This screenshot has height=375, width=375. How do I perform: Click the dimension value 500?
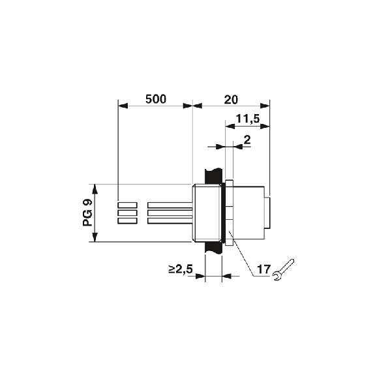[156, 99]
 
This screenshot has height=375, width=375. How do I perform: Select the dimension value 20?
[231, 100]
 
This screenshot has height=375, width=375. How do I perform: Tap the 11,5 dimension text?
[248, 119]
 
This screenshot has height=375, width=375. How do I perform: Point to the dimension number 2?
[247, 140]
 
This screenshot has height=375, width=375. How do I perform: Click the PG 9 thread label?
[87, 213]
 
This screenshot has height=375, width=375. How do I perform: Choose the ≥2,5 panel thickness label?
[181, 269]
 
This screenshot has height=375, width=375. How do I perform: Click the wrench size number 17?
[263, 269]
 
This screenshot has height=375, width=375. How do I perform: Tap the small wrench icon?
[284, 270]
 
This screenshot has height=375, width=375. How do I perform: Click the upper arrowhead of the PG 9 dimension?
[95, 189]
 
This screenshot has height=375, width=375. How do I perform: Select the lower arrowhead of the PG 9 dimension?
[95, 237]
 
